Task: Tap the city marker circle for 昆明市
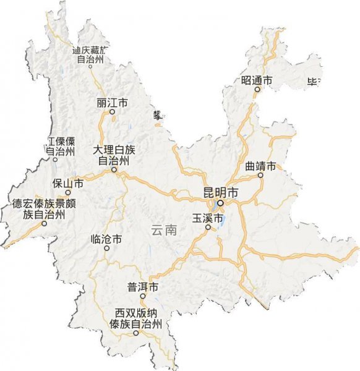click(x=220, y=202)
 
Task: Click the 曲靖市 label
click(x=260, y=166)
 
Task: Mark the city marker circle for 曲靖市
click(x=260, y=175)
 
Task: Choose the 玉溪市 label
click(x=207, y=218)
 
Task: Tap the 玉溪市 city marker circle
click(x=208, y=228)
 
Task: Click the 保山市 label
click(x=68, y=183)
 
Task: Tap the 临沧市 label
click(x=106, y=238)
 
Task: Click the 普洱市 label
click(x=143, y=287)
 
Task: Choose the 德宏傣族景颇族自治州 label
click(x=44, y=210)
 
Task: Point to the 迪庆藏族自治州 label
click(x=90, y=54)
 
